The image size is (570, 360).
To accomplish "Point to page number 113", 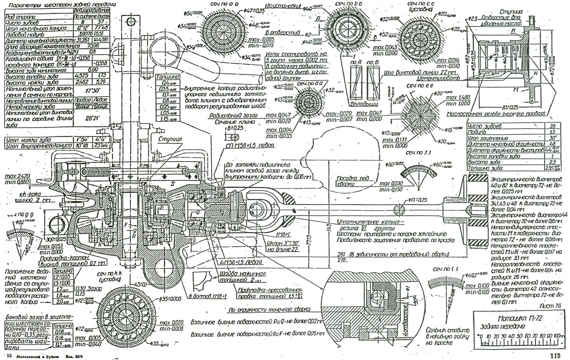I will (555, 356).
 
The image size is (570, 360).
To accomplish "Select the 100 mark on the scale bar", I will (557, 337).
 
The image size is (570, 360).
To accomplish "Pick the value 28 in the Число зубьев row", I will (553, 126).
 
